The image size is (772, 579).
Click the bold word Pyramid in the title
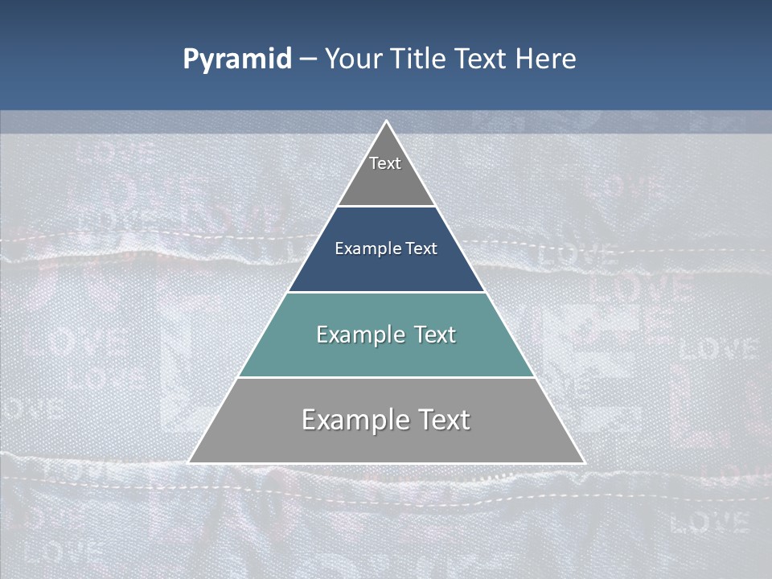[236, 60]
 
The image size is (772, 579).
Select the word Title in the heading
[421, 60]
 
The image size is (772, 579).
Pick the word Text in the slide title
[482, 60]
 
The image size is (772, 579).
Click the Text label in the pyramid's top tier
[385, 163]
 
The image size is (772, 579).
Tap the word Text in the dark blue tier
[421, 249]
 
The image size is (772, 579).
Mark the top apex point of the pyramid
[386, 121]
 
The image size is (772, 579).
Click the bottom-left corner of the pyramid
[189, 462]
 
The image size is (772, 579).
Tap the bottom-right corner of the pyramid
[584, 462]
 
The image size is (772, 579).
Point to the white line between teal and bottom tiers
[386, 377]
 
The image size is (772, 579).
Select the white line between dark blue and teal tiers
[386, 292]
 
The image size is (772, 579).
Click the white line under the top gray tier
[386, 207]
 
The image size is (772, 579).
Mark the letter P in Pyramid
[191, 60]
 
